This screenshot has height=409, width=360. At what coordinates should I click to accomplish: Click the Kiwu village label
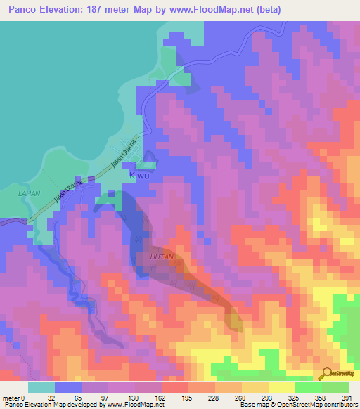click(139, 176)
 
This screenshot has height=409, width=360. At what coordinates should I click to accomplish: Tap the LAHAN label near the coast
click(29, 193)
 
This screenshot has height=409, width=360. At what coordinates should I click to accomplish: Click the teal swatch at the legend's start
click(41, 387)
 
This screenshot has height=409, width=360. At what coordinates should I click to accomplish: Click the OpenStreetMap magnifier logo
click(325, 375)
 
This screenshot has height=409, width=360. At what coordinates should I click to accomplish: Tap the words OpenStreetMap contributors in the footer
click(320, 405)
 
